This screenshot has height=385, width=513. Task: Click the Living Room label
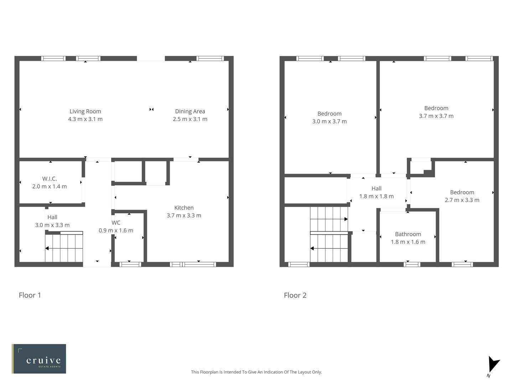pos(85,111)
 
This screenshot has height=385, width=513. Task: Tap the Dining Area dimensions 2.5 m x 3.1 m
pos(190,119)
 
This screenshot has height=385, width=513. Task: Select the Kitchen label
pos(184,207)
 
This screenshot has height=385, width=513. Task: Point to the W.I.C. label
pos(50,179)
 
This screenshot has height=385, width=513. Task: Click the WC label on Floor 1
pos(116,223)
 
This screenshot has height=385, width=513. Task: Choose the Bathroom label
pos(408,234)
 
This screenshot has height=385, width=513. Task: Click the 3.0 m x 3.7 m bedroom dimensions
pos(329,121)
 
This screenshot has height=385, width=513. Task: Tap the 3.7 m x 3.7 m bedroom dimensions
pos(436,116)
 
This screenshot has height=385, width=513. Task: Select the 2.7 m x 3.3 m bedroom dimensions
pos(462,200)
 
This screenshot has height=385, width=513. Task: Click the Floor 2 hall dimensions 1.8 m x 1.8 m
pos(376,196)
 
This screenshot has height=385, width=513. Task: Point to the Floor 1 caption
pos(30,295)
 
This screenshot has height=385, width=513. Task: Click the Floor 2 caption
pos(295,295)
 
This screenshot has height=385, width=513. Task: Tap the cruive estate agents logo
pos(39,359)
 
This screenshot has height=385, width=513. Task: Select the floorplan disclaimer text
pos(256,372)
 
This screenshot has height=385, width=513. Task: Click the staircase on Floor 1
pos(64,248)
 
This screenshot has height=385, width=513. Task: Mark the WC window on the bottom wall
pos(130,264)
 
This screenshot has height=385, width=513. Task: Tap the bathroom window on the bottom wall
pos(412,264)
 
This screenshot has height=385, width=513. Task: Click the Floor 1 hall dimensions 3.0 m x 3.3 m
pos(52,225)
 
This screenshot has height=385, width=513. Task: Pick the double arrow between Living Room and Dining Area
pos(152,109)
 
